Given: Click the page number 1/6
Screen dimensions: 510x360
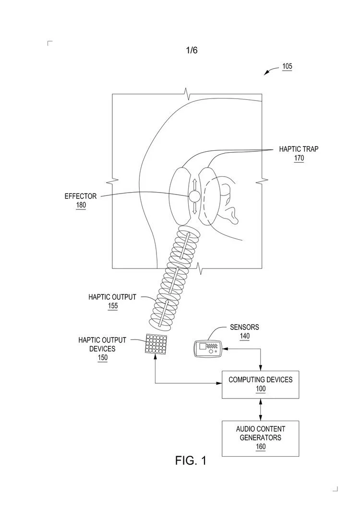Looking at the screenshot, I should [192, 50].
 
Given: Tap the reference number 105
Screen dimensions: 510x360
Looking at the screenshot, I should [287, 67].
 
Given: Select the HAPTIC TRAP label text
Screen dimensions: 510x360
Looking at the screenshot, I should [299, 149].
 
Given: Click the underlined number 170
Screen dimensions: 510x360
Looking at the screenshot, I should [299, 158].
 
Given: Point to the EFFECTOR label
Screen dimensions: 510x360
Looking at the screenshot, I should [81, 196].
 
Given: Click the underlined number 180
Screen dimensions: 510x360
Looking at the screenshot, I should [81, 206].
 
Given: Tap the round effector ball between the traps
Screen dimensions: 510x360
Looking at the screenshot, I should [194, 196].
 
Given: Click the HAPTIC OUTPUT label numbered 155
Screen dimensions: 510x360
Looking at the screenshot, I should [112, 297].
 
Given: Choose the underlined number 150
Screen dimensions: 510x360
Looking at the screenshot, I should [102, 358].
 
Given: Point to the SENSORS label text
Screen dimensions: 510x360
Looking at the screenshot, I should [244, 327].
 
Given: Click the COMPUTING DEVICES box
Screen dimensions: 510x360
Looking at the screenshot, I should [260, 384].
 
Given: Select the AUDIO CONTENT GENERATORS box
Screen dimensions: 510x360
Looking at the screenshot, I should [260, 438].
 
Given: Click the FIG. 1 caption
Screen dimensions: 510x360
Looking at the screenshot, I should [191, 461].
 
